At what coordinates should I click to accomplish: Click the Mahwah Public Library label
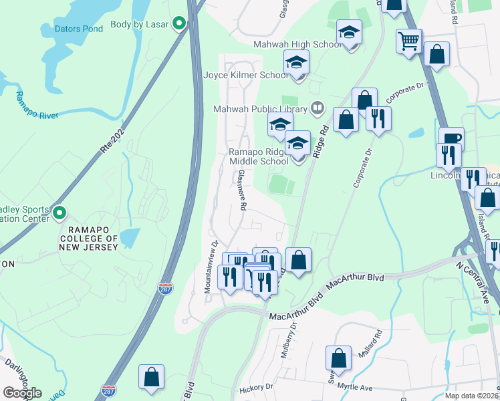tap(260, 109)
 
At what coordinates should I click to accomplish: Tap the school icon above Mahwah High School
tap(349, 32)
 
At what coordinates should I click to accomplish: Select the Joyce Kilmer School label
tap(245, 76)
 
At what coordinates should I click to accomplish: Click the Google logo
tap(22, 393)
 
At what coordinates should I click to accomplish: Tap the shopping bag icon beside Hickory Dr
tap(152, 377)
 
